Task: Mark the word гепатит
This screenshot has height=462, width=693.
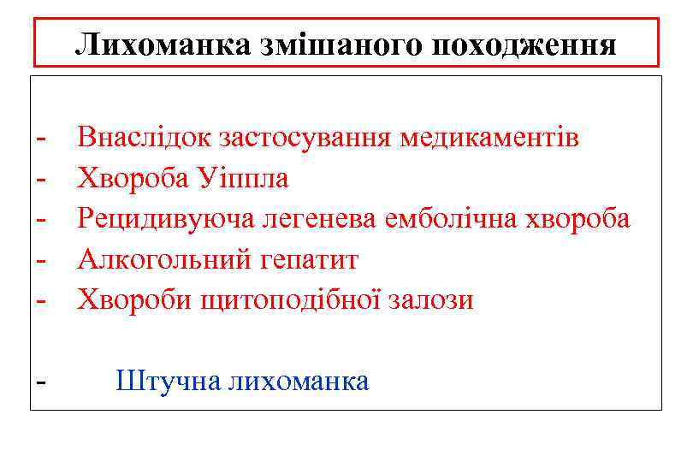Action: point(303,260)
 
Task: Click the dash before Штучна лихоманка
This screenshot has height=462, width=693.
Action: point(40,382)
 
